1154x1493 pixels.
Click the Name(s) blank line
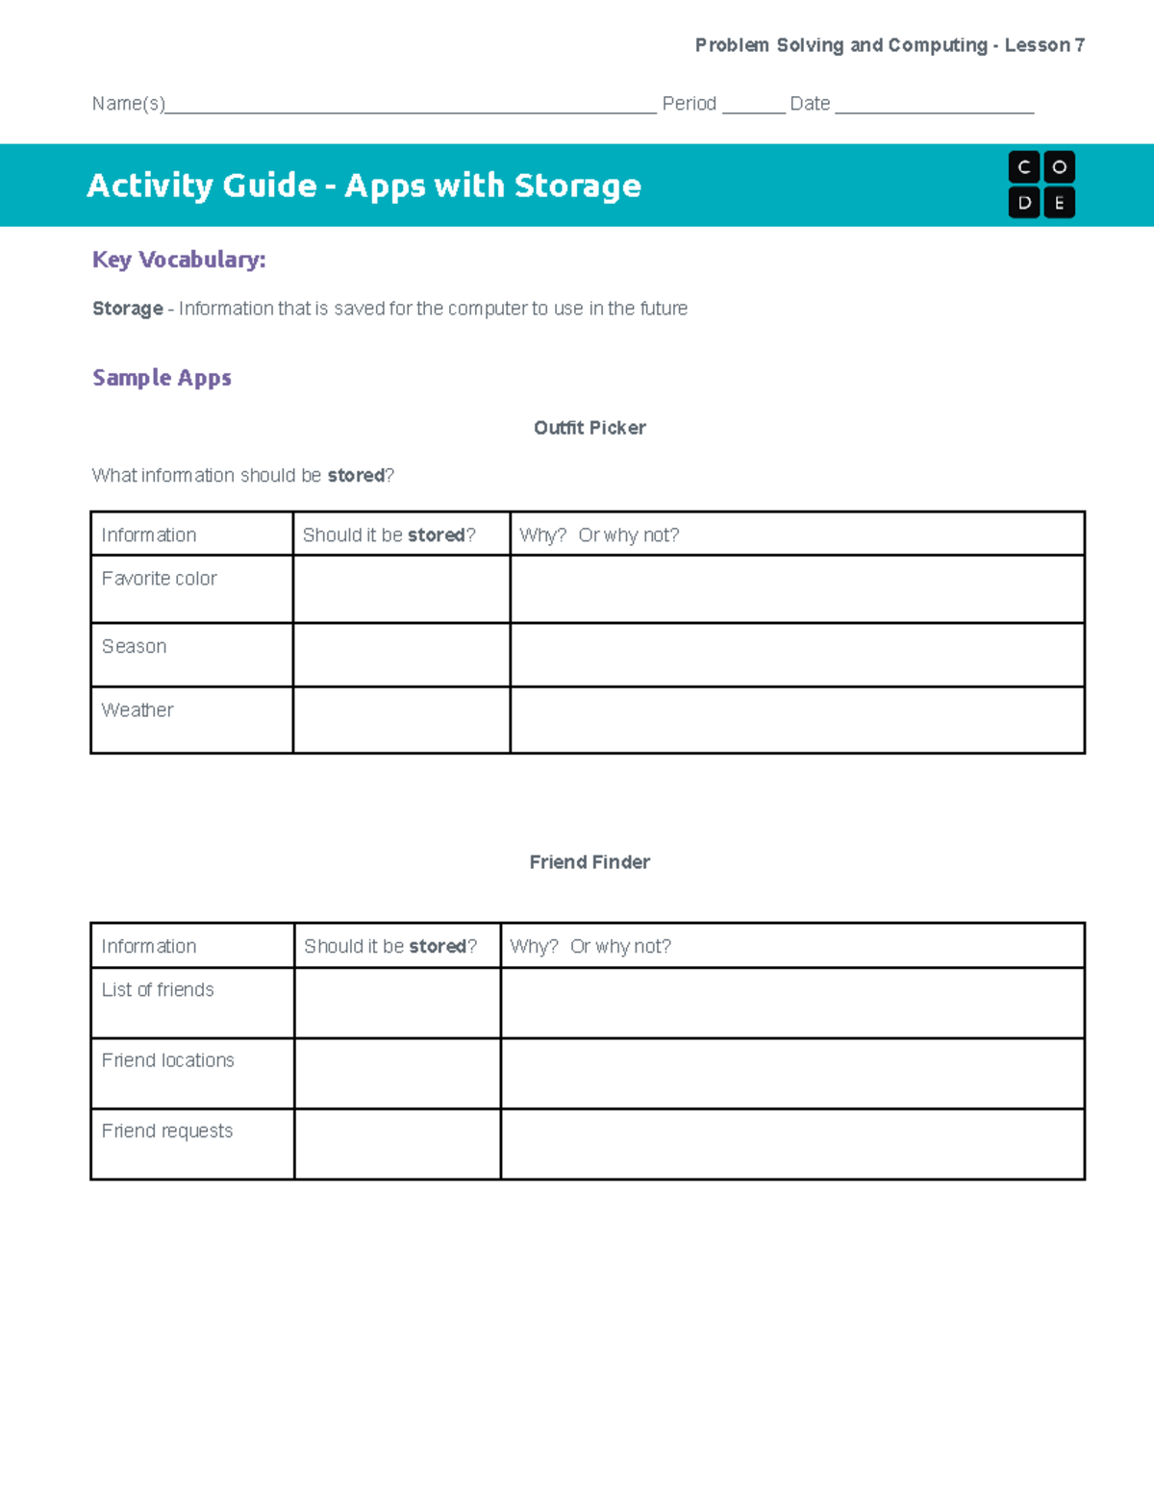pyautogui.click(x=411, y=107)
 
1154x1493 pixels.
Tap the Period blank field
pyautogui.click(x=753, y=107)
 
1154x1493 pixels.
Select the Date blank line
pyautogui.click(x=934, y=107)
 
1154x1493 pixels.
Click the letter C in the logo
pyautogui.click(x=1024, y=167)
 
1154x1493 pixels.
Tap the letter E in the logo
pyautogui.click(x=1059, y=203)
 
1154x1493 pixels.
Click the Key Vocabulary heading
pyautogui.click(x=179, y=260)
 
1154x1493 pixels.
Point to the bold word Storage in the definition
pyautogui.click(x=128, y=309)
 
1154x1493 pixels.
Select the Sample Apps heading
pyautogui.click(x=162, y=378)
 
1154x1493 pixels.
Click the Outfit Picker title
pyautogui.click(x=590, y=428)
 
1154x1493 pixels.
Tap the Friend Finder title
pyautogui.click(x=590, y=862)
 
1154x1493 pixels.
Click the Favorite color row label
pyautogui.click(x=160, y=579)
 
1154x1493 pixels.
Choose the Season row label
pyautogui.click(x=135, y=647)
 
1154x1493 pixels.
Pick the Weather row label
pyautogui.click(x=138, y=710)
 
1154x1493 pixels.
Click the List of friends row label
pyautogui.click(x=158, y=990)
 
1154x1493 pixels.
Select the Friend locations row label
pyautogui.click(x=168, y=1060)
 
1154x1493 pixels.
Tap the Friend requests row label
pyautogui.click(x=167, y=1132)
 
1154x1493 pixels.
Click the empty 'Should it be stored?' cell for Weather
pyautogui.click(x=401, y=720)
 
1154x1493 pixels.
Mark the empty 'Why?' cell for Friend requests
pyautogui.click(x=792, y=1144)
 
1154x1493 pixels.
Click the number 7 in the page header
pyautogui.click(x=1080, y=45)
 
